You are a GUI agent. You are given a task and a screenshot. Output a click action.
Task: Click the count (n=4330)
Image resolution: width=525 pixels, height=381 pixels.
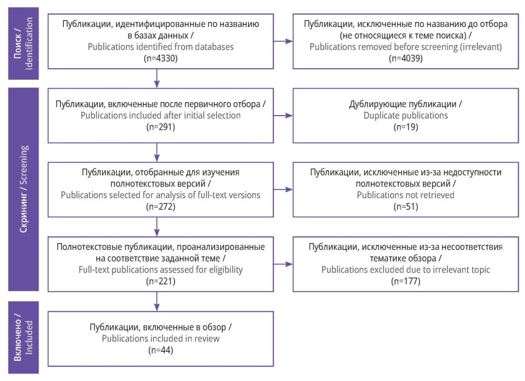coord(161,58)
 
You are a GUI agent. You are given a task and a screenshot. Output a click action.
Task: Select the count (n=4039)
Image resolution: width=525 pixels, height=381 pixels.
coord(406,58)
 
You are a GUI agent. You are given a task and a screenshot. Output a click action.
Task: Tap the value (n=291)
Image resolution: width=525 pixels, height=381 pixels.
coord(161,127)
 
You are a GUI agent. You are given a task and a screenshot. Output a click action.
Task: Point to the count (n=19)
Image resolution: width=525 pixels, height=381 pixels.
coord(406,127)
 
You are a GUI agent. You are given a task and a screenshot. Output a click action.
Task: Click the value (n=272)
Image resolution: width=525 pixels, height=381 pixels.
coord(161,207)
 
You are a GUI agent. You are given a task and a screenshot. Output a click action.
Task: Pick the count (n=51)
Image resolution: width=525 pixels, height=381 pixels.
coord(406,207)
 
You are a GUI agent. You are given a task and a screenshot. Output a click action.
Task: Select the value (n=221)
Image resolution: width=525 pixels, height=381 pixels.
coord(161,281)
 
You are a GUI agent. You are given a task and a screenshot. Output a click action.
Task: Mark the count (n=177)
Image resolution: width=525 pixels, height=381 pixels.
coord(406,281)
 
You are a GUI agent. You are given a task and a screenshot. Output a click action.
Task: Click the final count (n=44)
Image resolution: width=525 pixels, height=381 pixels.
coord(161,350)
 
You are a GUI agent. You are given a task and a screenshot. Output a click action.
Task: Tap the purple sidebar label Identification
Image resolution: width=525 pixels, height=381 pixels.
coord(29,44)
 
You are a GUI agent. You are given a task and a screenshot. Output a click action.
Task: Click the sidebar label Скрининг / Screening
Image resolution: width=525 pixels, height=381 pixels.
coord(24,189)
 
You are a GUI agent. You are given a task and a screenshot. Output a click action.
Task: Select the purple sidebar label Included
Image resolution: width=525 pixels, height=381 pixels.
coord(29,337)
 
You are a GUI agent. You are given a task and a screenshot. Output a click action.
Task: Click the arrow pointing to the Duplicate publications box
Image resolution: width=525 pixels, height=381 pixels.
coord(283,115)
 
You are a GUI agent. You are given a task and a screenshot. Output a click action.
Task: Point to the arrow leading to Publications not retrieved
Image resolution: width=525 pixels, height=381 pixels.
coord(283,190)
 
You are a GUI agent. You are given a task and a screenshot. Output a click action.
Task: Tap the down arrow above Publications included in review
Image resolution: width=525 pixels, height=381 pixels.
coord(157,301)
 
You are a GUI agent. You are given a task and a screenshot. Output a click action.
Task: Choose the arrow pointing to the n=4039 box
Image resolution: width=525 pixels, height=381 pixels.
coord(283,41)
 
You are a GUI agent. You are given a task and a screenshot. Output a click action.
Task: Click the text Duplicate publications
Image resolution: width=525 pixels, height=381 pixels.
coord(406,116)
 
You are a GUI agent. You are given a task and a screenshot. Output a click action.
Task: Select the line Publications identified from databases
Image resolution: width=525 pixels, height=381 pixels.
coord(161,47)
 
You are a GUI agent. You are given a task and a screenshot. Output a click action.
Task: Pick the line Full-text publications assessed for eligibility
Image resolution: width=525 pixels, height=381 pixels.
coord(161,270)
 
